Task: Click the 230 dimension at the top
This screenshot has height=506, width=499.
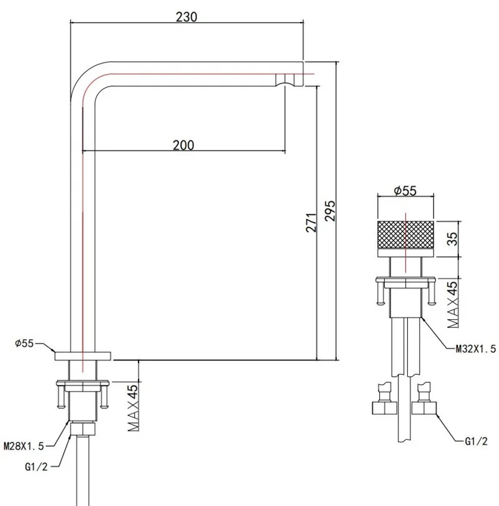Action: [x=187, y=17]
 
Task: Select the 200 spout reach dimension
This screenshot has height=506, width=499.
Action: [x=183, y=145]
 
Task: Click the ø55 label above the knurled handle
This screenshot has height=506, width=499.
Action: [x=405, y=191]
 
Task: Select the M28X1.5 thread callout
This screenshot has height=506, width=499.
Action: [x=26, y=446]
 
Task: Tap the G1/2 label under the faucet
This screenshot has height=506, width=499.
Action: [x=34, y=465]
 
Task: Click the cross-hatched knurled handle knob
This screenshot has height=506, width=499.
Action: [x=405, y=238]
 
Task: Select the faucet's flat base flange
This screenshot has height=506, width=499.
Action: [x=82, y=355]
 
